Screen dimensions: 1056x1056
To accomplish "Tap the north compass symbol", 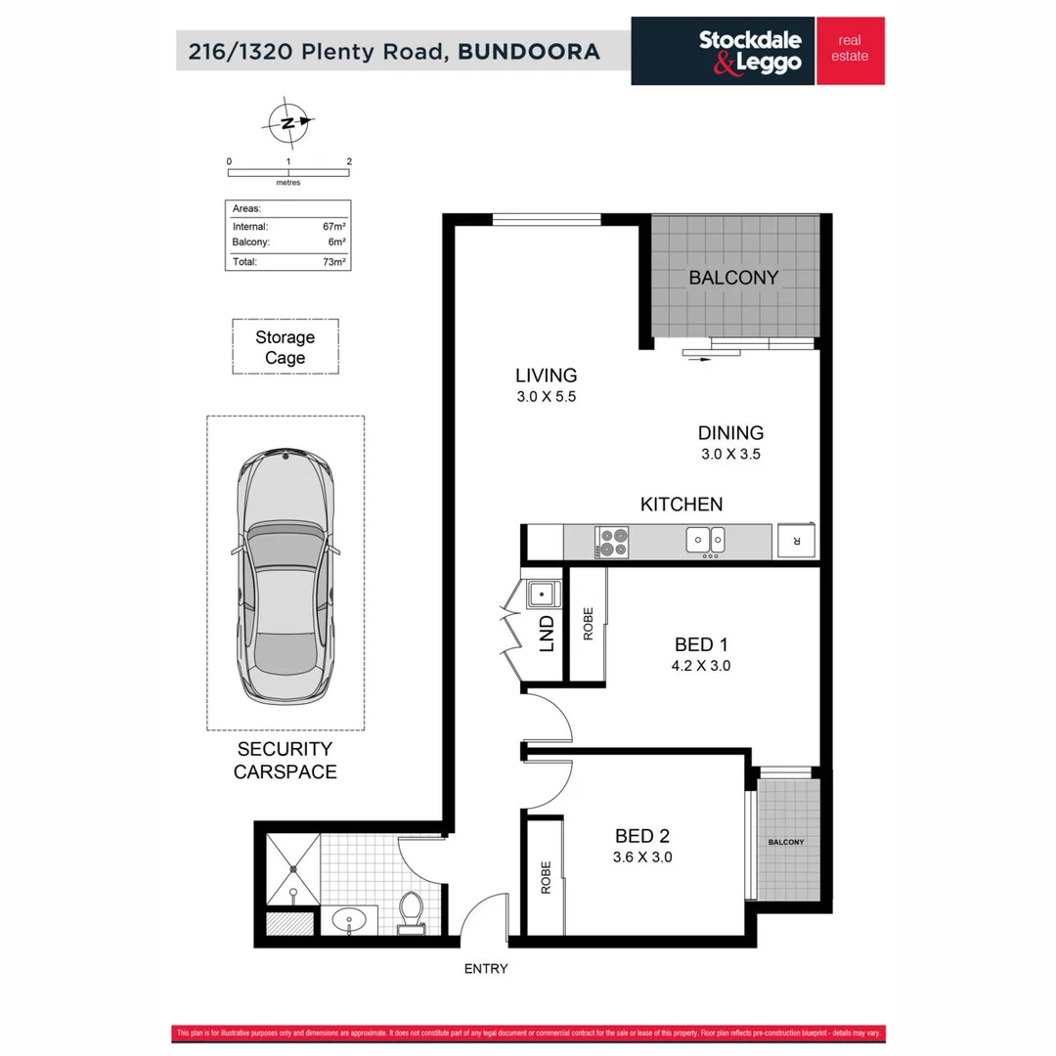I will (x=287, y=122).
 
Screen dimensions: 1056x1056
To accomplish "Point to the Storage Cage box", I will (x=286, y=347).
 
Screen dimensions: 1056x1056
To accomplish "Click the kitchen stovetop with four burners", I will (x=613, y=542).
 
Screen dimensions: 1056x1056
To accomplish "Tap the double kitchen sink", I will (x=705, y=538).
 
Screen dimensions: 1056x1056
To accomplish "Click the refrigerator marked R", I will (x=797, y=541).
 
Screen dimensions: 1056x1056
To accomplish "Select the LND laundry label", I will (x=546, y=634).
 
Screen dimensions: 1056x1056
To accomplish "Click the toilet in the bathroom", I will (x=412, y=911).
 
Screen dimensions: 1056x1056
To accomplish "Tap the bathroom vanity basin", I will (x=349, y=919).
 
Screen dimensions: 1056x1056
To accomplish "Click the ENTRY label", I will (x=487, y=969).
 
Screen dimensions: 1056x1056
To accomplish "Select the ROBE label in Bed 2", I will (x=545, y=878).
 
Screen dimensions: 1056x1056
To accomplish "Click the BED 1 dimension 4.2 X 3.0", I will (x=702, y=666).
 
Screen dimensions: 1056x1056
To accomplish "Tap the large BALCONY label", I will (x=733, y=278).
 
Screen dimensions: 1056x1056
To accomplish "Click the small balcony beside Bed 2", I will (x=786, y=842).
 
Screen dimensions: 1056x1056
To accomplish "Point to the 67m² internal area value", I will (x=335, y=226).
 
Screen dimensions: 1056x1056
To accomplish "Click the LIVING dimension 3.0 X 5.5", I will (x=546, y=397).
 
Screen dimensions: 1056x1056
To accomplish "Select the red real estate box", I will (x=850, y=51).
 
